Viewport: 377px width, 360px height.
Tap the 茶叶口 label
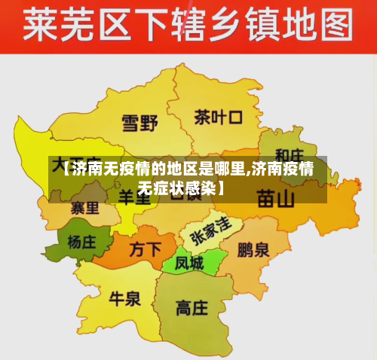click(218, 117)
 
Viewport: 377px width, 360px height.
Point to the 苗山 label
click(276, 198)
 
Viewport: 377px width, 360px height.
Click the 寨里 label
click(84, 207)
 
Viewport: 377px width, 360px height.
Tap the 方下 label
click(146, 249)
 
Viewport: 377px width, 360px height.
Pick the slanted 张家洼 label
click(210, 227)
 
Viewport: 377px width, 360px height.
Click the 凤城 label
click(189, 264)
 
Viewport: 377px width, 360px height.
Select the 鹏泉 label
click(253, 249)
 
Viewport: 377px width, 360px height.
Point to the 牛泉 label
click(125, 299)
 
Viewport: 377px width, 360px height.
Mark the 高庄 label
click(192, 307)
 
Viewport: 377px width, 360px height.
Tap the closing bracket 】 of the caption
click(222, 185)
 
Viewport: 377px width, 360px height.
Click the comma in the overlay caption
click(249, 170)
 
